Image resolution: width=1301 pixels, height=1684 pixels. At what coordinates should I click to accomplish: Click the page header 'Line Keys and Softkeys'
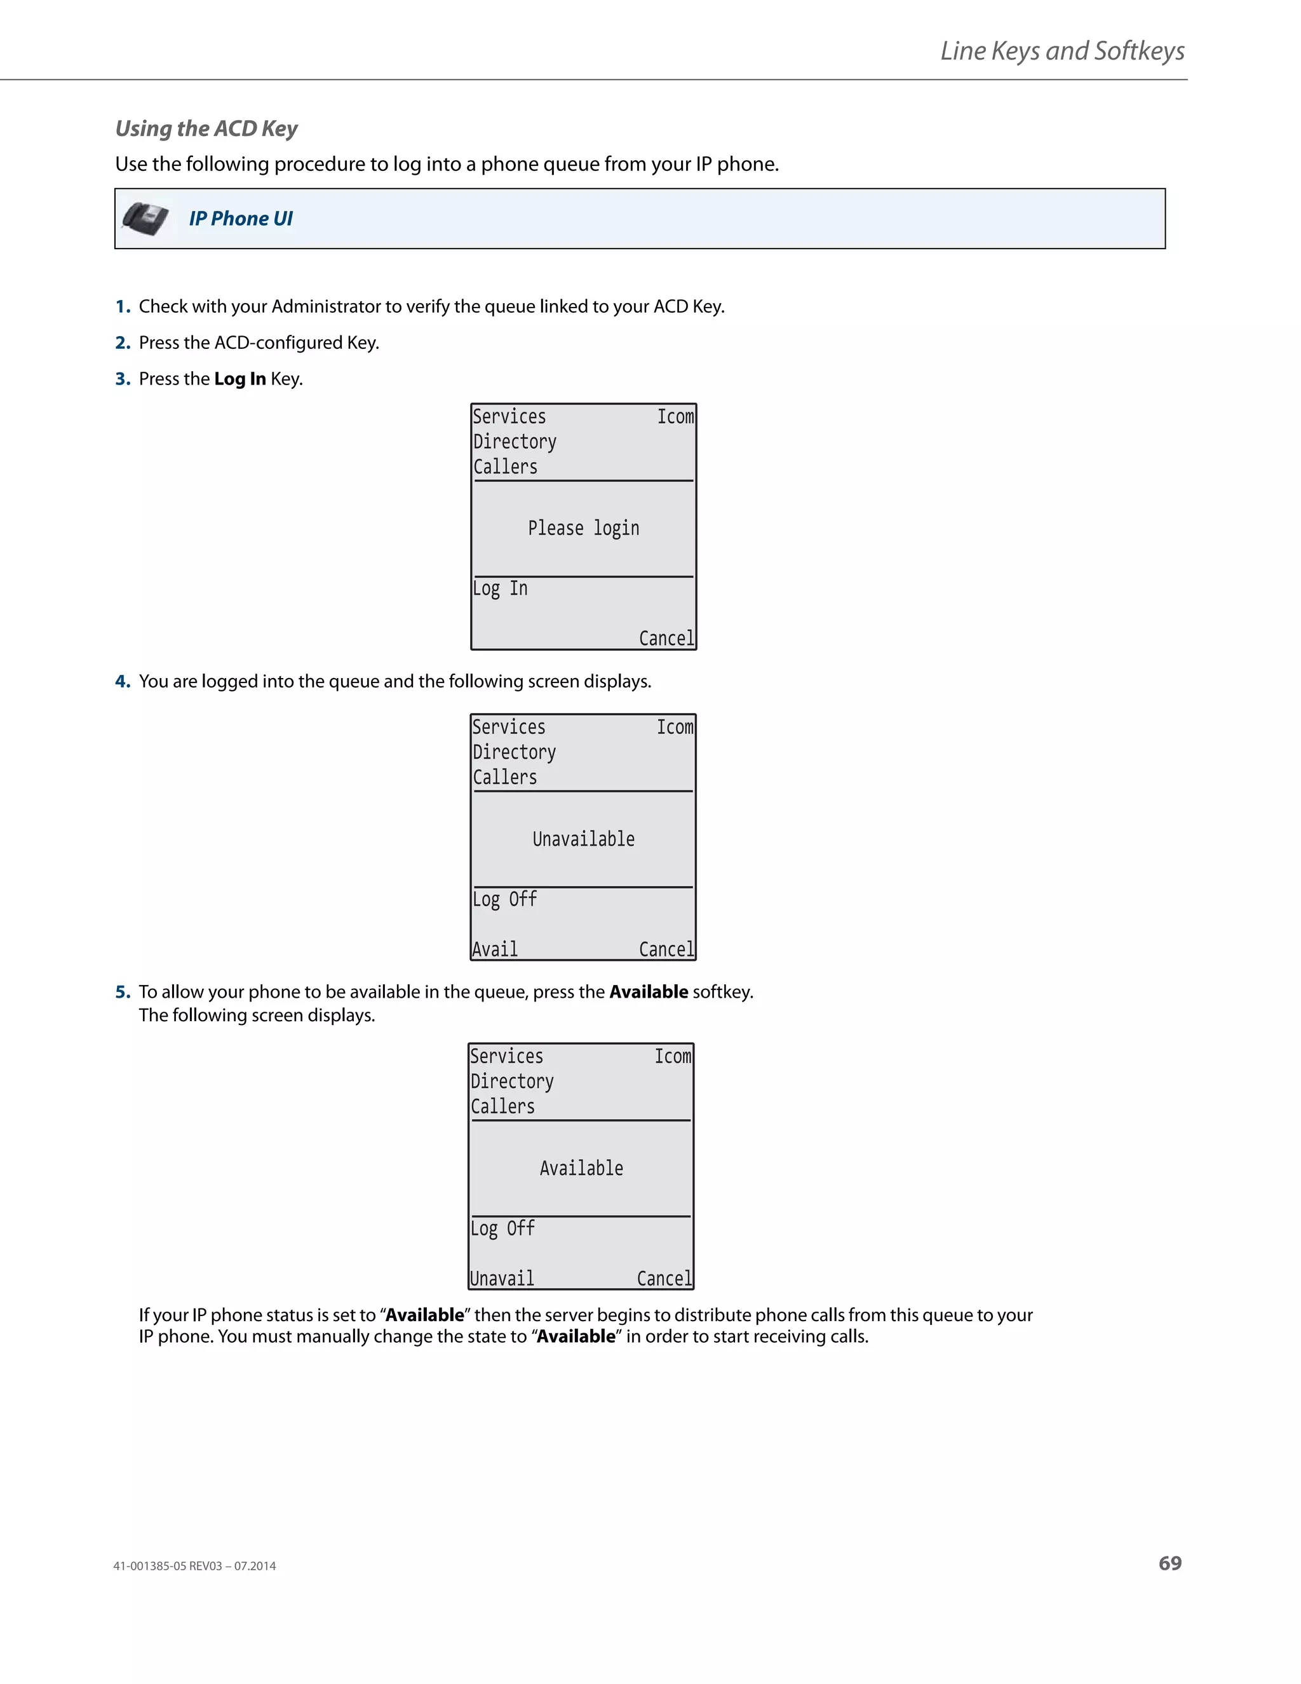(1062, 51)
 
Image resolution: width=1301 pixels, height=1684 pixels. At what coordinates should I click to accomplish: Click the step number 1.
(123, 307)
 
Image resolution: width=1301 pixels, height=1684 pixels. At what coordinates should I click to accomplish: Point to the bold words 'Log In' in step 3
(239, 379)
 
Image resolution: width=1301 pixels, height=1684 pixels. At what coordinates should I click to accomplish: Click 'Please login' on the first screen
(583, 528)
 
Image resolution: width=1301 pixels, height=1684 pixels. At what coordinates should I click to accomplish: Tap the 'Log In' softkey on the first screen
(500, 589)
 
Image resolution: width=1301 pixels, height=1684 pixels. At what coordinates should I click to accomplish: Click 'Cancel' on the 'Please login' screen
(666, 639)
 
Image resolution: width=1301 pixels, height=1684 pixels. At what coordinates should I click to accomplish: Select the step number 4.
(123, 682)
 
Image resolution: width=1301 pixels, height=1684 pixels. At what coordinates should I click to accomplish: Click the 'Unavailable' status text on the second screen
(583, 839)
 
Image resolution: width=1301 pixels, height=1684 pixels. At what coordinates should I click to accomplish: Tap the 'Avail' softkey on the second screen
(495, 949)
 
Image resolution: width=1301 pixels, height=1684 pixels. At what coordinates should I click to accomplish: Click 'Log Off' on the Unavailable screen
(505, 899)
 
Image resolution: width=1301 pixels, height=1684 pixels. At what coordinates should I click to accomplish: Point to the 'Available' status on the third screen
(581, 1168)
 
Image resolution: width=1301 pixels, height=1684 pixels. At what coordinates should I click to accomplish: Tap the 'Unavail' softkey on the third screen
(502, 1279)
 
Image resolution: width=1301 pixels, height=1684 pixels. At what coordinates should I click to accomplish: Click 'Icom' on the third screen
(673, 1056)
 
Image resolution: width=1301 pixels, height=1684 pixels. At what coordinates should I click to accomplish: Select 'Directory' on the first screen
(514, 442)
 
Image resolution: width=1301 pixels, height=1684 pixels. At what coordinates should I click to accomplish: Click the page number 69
(1170, 1563)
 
